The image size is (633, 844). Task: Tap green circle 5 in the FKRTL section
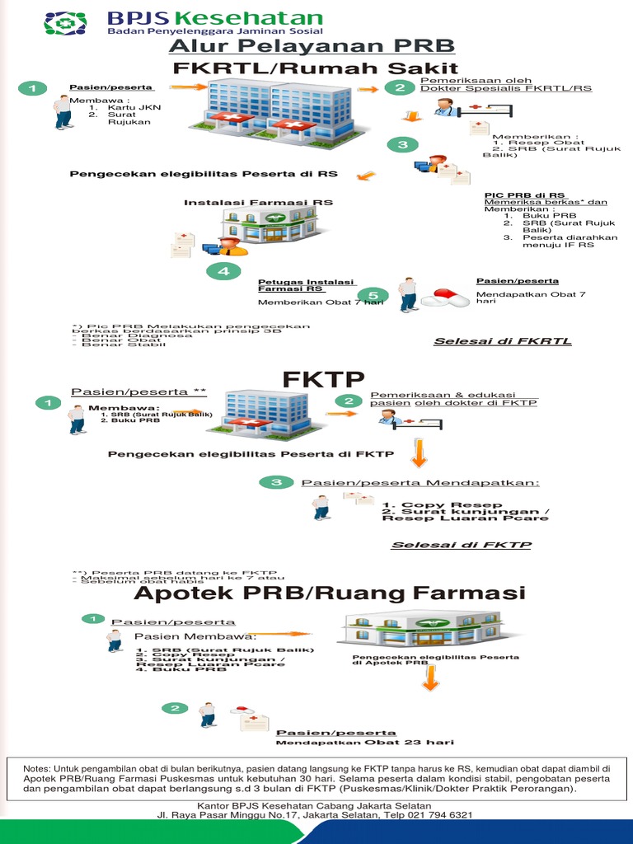373,295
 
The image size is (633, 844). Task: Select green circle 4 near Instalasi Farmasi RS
223,270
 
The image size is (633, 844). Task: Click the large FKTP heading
323,380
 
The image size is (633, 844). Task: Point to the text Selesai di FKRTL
503,340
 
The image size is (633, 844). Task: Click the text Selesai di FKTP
461,545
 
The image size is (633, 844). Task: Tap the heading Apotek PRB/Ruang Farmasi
329,593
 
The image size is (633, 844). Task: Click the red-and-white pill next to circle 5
445,298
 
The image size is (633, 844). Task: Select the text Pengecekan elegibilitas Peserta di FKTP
251,453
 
